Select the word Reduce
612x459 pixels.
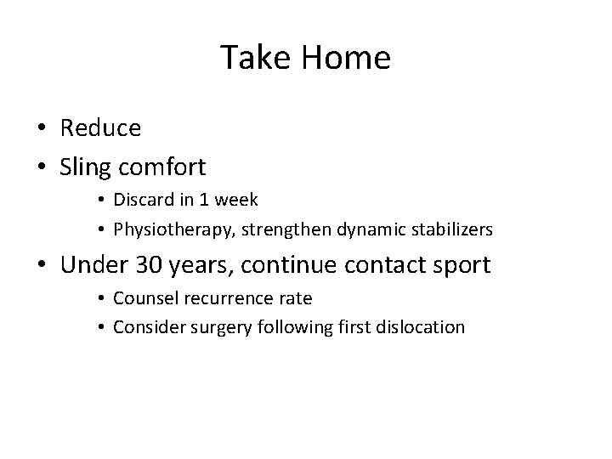[100, 127]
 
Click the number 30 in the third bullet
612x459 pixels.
[155, 264]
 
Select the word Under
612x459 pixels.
[97, 264]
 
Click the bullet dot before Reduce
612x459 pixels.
[41, 128]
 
